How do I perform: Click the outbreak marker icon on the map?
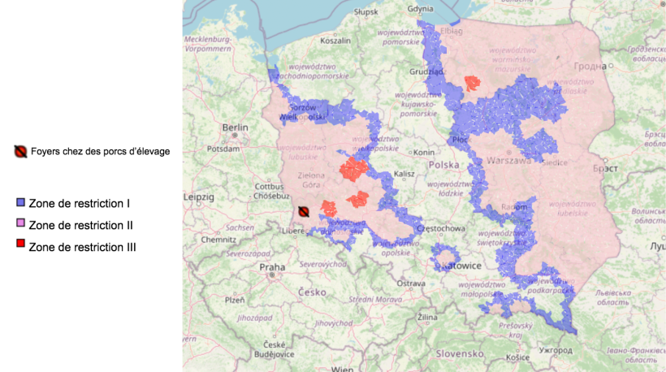click(303, 211)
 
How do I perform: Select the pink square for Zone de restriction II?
click(21, 223)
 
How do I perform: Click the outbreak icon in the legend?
click(20, 151)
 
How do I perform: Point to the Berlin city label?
click(235, 128)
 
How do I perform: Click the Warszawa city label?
click(508, 160)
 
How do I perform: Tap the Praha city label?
click(272, 267)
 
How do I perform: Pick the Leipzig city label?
click(199, 197)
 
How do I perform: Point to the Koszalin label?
click(335, 40)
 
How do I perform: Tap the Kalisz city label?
click(404, 174)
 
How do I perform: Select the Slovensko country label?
click(460, 354)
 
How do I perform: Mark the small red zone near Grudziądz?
click(470, 83)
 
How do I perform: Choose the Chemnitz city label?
click(220, 240)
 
